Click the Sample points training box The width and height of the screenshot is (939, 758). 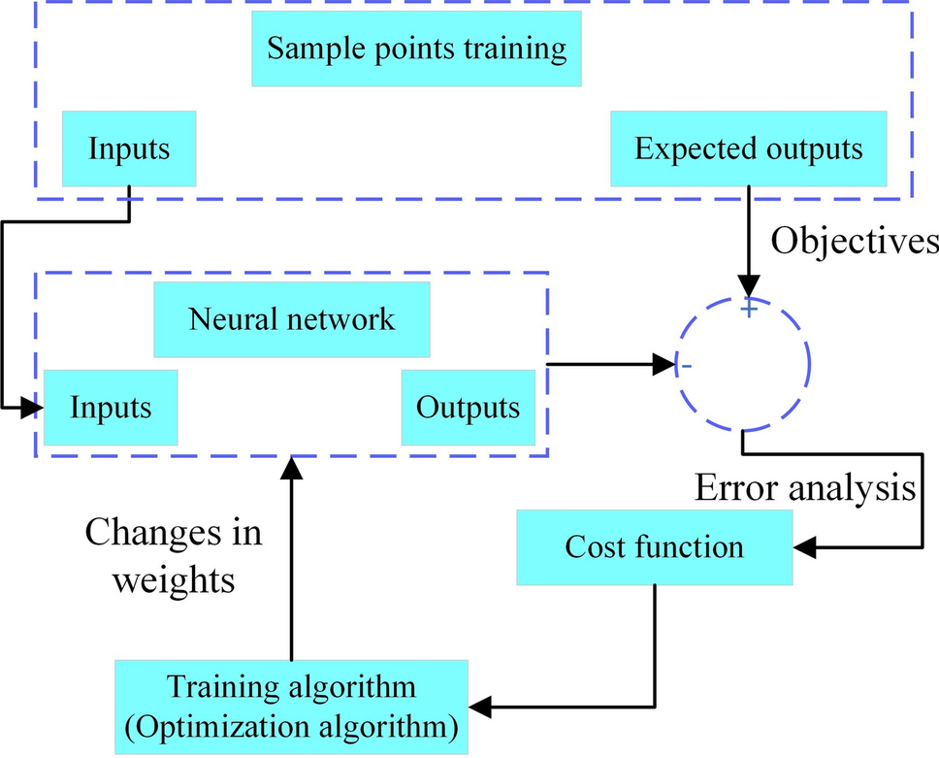pyautogui.click(x=416, y=49)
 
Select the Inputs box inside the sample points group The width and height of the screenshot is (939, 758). pyautogui.click(x=129, y=148)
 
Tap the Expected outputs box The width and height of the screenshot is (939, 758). pyautogui.click(x=748, y=148)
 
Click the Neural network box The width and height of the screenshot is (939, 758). pyautogui.click(x=292, y=319)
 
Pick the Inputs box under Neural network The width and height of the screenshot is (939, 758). pyautogui.click(x=111, y=407)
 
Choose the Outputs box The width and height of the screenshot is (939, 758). pyautogui.click(x=468, y=407)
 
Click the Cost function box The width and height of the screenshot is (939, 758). pyautogui.click(x=654, y=546)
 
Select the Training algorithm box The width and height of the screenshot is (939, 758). pyautogui.click(x=291, y=707)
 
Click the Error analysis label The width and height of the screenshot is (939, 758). pyautogui.click(x=805, y=488)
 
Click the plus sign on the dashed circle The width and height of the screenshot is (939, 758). pyautogui.click(x=748, y=308)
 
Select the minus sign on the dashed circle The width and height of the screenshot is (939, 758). pyautogui.click(x=686, y=367)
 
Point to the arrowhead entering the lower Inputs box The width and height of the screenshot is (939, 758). pyautogui.click(x=34, y=407)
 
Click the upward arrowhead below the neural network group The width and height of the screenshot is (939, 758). pyautogui.click(x=291, y=470)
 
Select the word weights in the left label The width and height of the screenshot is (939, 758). pyautogui.click(x=174, y=579)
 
